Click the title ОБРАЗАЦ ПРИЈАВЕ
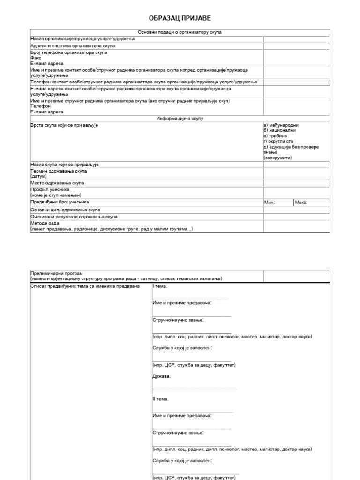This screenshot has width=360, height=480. pos(180,18)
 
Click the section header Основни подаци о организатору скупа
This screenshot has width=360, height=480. pos(180,32)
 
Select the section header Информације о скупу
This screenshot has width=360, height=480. pos(180,119)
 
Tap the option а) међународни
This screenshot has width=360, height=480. pos(281,125)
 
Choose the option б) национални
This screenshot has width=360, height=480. pos(280,131)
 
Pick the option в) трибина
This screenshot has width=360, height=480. pos(277,136)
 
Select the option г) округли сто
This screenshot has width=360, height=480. pos(278,142)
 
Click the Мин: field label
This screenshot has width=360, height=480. pos(270,202)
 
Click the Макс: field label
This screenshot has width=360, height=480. pos(301,202)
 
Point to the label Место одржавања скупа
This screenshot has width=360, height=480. pos(57,183)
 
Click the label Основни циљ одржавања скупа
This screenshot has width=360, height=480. pos(65,210)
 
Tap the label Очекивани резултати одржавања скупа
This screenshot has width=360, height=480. pos(74,217)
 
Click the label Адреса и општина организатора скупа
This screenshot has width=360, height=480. pos(73,46)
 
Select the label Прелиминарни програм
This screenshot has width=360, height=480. pos(57,273)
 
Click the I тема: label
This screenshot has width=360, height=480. pos(160,286)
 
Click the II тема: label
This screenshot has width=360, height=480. pos(161,399)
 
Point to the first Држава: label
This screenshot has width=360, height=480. pos(162,376)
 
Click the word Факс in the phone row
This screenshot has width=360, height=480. pos(36,58)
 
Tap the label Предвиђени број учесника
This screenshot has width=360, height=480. pos(60,202)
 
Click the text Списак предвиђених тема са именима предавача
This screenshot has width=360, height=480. pos(85,286)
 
